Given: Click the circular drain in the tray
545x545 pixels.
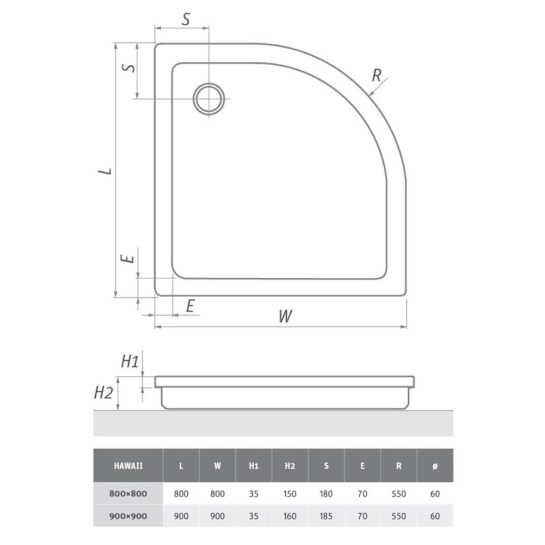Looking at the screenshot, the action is coord(209,98).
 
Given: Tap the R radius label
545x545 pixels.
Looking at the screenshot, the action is coord(376,75).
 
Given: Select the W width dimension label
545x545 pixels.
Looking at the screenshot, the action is coord(285,316).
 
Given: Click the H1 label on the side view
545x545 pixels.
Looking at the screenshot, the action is coord(130,362).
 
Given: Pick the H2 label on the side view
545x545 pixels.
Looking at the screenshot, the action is coord(104,393).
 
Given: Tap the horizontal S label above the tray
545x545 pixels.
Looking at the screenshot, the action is coord(186,20).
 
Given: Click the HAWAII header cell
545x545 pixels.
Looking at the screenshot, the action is coord(128,466).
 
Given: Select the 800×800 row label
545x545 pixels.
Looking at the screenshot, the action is coord(128,493).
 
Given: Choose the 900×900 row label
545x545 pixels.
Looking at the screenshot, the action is coord(128,516).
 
